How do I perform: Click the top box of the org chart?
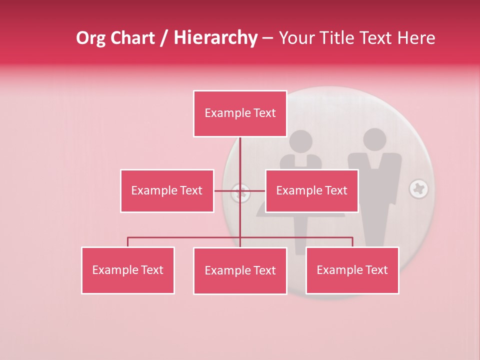(240, 113)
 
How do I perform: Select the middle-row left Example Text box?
(167, 191)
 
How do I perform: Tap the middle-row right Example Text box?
(311, 191)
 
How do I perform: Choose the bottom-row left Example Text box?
(128, 270)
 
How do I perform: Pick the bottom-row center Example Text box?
(240, 271)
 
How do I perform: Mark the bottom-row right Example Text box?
(352, 270)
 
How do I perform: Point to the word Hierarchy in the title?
(215, 38)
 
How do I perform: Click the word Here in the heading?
(416, 38)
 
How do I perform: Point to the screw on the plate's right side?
(418, 189)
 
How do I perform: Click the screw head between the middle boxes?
(241, 192)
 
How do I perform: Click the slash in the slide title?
(164, 38)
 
